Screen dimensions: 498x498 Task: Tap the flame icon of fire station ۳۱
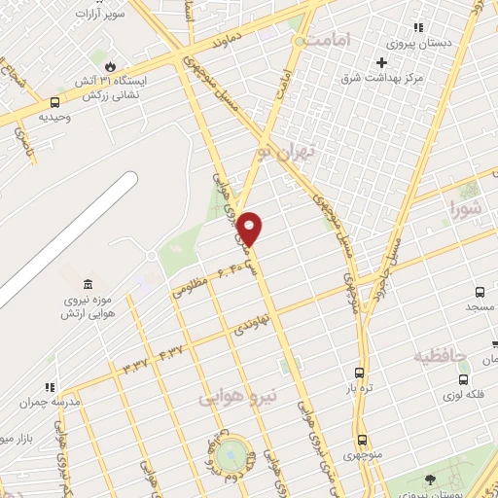(111, 65)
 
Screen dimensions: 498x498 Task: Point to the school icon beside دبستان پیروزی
(418, 28)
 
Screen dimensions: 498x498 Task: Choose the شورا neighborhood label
(466, 207)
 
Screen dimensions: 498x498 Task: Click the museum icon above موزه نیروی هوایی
(88, 283)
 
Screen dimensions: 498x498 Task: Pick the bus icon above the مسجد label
(480, 291)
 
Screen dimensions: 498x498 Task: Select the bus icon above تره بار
(361, 373)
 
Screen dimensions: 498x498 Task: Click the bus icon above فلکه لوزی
(464, 378)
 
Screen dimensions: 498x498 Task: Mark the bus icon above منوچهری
(362, 440)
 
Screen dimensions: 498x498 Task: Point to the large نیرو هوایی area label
(238, 397)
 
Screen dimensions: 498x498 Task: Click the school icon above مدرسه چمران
(50, 386)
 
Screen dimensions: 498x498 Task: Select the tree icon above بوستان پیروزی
(429, 479)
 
